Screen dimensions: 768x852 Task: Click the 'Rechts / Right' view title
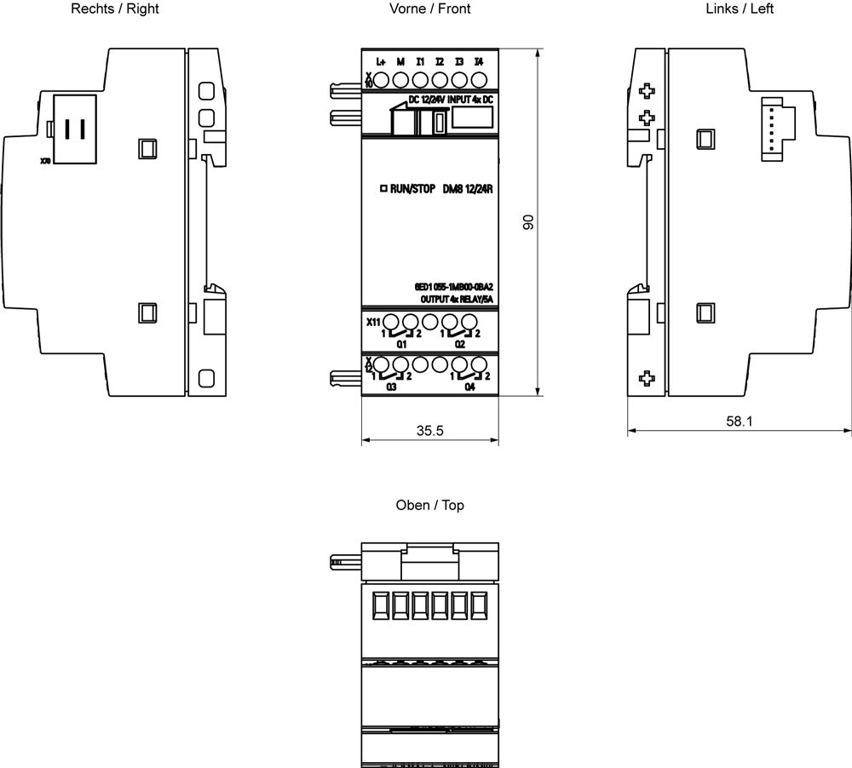tap(115, 9)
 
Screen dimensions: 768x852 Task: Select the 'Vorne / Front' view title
tap(429, 9)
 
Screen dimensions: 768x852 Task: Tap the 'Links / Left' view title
tap(740, 9)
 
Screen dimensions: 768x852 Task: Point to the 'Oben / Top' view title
tap(429, 505)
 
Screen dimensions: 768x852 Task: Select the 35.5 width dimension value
tap(429, 431)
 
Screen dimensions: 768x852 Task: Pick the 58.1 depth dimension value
tap(738, 421)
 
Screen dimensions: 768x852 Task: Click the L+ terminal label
tap(382, 62)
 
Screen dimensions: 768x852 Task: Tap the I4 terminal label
tap(479, 62)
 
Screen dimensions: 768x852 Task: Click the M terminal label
tap(400, 62)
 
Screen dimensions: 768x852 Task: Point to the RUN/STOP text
tap(412, 189)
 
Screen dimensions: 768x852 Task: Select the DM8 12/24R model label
tap(469, 189)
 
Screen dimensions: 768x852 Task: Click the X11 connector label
tap(372, 322)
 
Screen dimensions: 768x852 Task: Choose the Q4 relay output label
tap(469, 387)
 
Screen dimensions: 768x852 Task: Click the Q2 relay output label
tap(460, 345)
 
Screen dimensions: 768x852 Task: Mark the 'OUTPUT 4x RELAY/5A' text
tap(457, 300)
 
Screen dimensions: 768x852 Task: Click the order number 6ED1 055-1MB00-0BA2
tap(453, 288)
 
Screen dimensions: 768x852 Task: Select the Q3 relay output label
tap(392, 387)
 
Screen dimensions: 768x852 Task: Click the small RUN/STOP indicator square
tap(383, 189)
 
